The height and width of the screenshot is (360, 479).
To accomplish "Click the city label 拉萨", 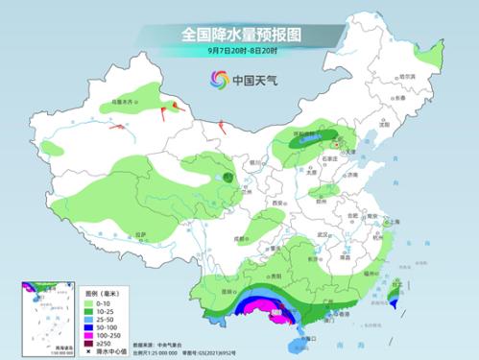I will pyautogui.click(x=140, y=233).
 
